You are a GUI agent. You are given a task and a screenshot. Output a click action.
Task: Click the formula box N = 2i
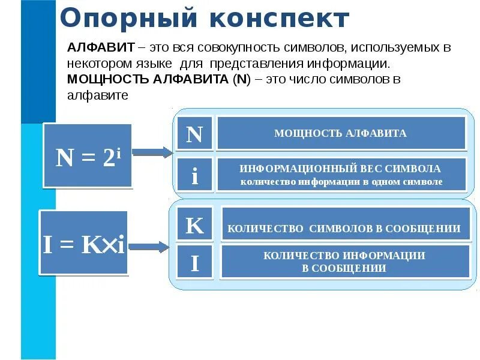88,156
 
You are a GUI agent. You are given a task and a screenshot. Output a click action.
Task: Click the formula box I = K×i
84,243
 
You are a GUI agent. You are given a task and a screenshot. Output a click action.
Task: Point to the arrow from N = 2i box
152,152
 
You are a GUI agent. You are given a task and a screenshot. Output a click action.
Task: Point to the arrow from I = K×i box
149,246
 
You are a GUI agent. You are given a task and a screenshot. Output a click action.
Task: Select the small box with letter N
194,134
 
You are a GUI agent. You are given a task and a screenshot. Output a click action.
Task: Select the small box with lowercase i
194,175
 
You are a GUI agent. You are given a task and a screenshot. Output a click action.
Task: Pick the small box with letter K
194,226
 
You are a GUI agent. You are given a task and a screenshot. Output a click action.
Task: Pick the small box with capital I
194,262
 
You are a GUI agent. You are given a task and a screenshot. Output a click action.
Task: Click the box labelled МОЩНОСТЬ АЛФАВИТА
341,133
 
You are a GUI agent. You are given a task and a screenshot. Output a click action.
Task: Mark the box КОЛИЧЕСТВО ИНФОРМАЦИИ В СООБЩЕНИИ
345,262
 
